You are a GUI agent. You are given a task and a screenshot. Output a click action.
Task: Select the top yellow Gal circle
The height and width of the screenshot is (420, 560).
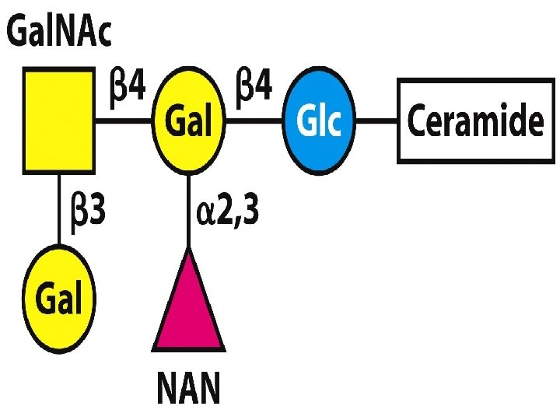(189, 121)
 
